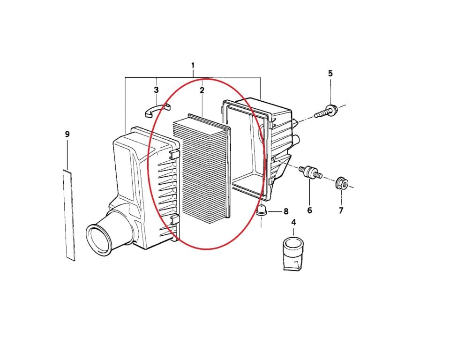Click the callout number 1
[193, 66]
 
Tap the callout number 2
[202, 90]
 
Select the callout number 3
[156, 90]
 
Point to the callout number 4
[293, 222]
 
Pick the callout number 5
[330, 74]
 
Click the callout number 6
[309, 210]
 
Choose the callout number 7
[341, 210]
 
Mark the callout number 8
[286, 211]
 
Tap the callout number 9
[67, 134]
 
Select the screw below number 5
[327, 112]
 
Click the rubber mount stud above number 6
[310, 172]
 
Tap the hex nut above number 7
[342, 183]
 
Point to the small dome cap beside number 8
[261, 210]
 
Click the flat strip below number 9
[69, 215]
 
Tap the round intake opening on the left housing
[99, 240]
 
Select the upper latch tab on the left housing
[174, 154]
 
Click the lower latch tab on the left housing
[175, 220]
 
